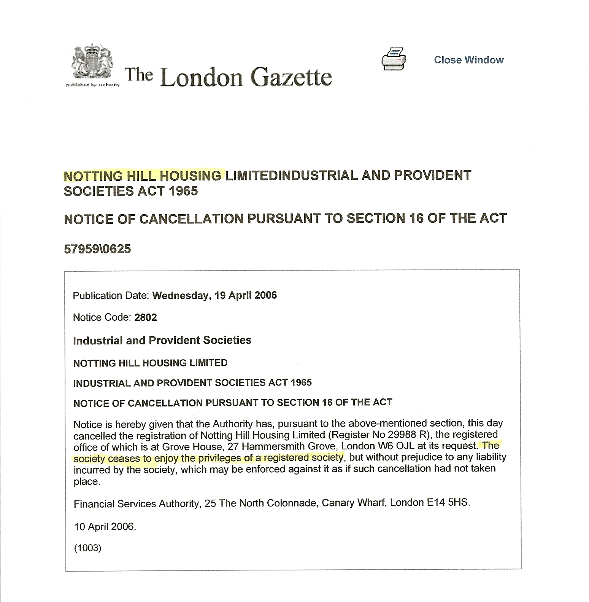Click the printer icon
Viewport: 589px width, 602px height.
(394, 59)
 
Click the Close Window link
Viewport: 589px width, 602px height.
(468, 60)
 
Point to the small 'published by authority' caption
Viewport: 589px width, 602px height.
(93, 85)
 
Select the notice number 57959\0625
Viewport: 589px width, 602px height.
(97, 249)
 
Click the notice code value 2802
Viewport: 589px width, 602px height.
(146, 317)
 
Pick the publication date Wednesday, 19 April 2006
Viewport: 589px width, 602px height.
(214, 295)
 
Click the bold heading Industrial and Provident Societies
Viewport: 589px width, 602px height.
(162, 340)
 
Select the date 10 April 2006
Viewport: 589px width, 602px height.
(105, 527)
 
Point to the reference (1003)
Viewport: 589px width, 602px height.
(87, 548)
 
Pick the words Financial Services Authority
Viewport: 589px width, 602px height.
(136, 504)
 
